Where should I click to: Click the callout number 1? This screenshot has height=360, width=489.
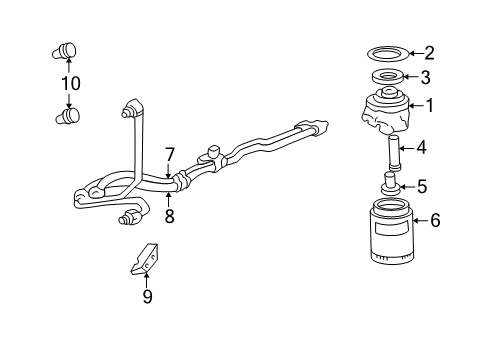click(430, 105)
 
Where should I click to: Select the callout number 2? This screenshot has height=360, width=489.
click(429, 53)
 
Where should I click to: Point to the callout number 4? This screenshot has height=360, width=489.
click(422, 148)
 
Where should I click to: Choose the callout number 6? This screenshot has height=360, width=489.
click(434, 220)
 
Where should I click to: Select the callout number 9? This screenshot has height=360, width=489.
click(147, 296)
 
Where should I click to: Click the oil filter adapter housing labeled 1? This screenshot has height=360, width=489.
click(385, 110)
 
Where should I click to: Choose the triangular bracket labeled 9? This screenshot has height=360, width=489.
click(140, 258)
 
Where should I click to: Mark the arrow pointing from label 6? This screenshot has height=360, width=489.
click(414, 220)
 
